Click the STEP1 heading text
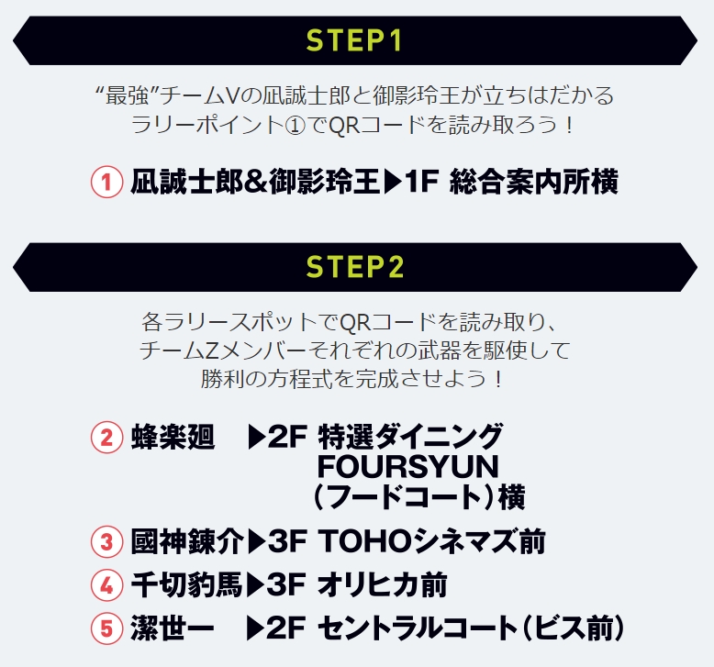(356, 41)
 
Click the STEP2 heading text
(356, 267)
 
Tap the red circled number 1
(106, 182)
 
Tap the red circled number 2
(106, 437)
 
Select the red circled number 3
(106, 541)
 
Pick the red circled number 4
(106, 584)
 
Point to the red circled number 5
(106, 628)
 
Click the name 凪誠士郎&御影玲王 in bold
(254, 182)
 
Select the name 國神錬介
(188, 541)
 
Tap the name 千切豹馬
(188, 584)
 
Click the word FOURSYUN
(407, 465)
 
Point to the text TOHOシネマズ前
(431, 541)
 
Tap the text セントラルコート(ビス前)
(471, 628)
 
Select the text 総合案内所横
(534, 182)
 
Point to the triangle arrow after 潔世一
(256, 628)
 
